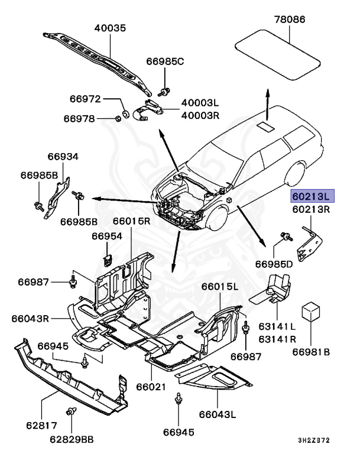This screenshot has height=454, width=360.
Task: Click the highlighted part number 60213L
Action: coord(312,196)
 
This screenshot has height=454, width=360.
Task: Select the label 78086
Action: coord(290,20)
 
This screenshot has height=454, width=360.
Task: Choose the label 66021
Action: coord(152,387)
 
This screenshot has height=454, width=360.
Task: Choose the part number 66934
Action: coord(63,157)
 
